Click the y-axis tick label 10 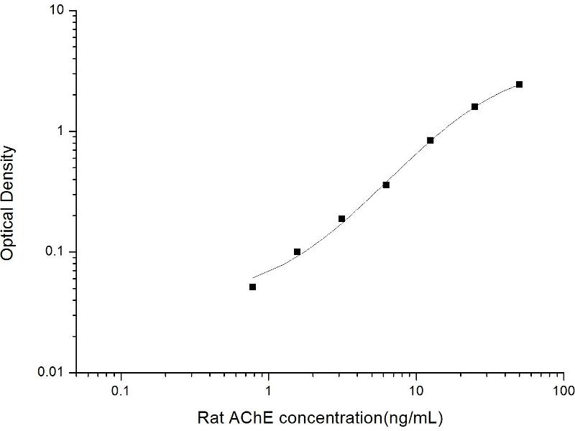(x=57, y=11)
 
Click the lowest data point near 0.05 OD (x=252, y=287)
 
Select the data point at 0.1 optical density (x=297, y=251)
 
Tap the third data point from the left (x=341, y=218)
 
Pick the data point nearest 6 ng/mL (x=386, y=185)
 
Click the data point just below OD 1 (x=430, y=140)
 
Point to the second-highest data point (x=474, y=106)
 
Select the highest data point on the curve (x=519, y=84)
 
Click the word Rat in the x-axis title (x=209, y=416)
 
